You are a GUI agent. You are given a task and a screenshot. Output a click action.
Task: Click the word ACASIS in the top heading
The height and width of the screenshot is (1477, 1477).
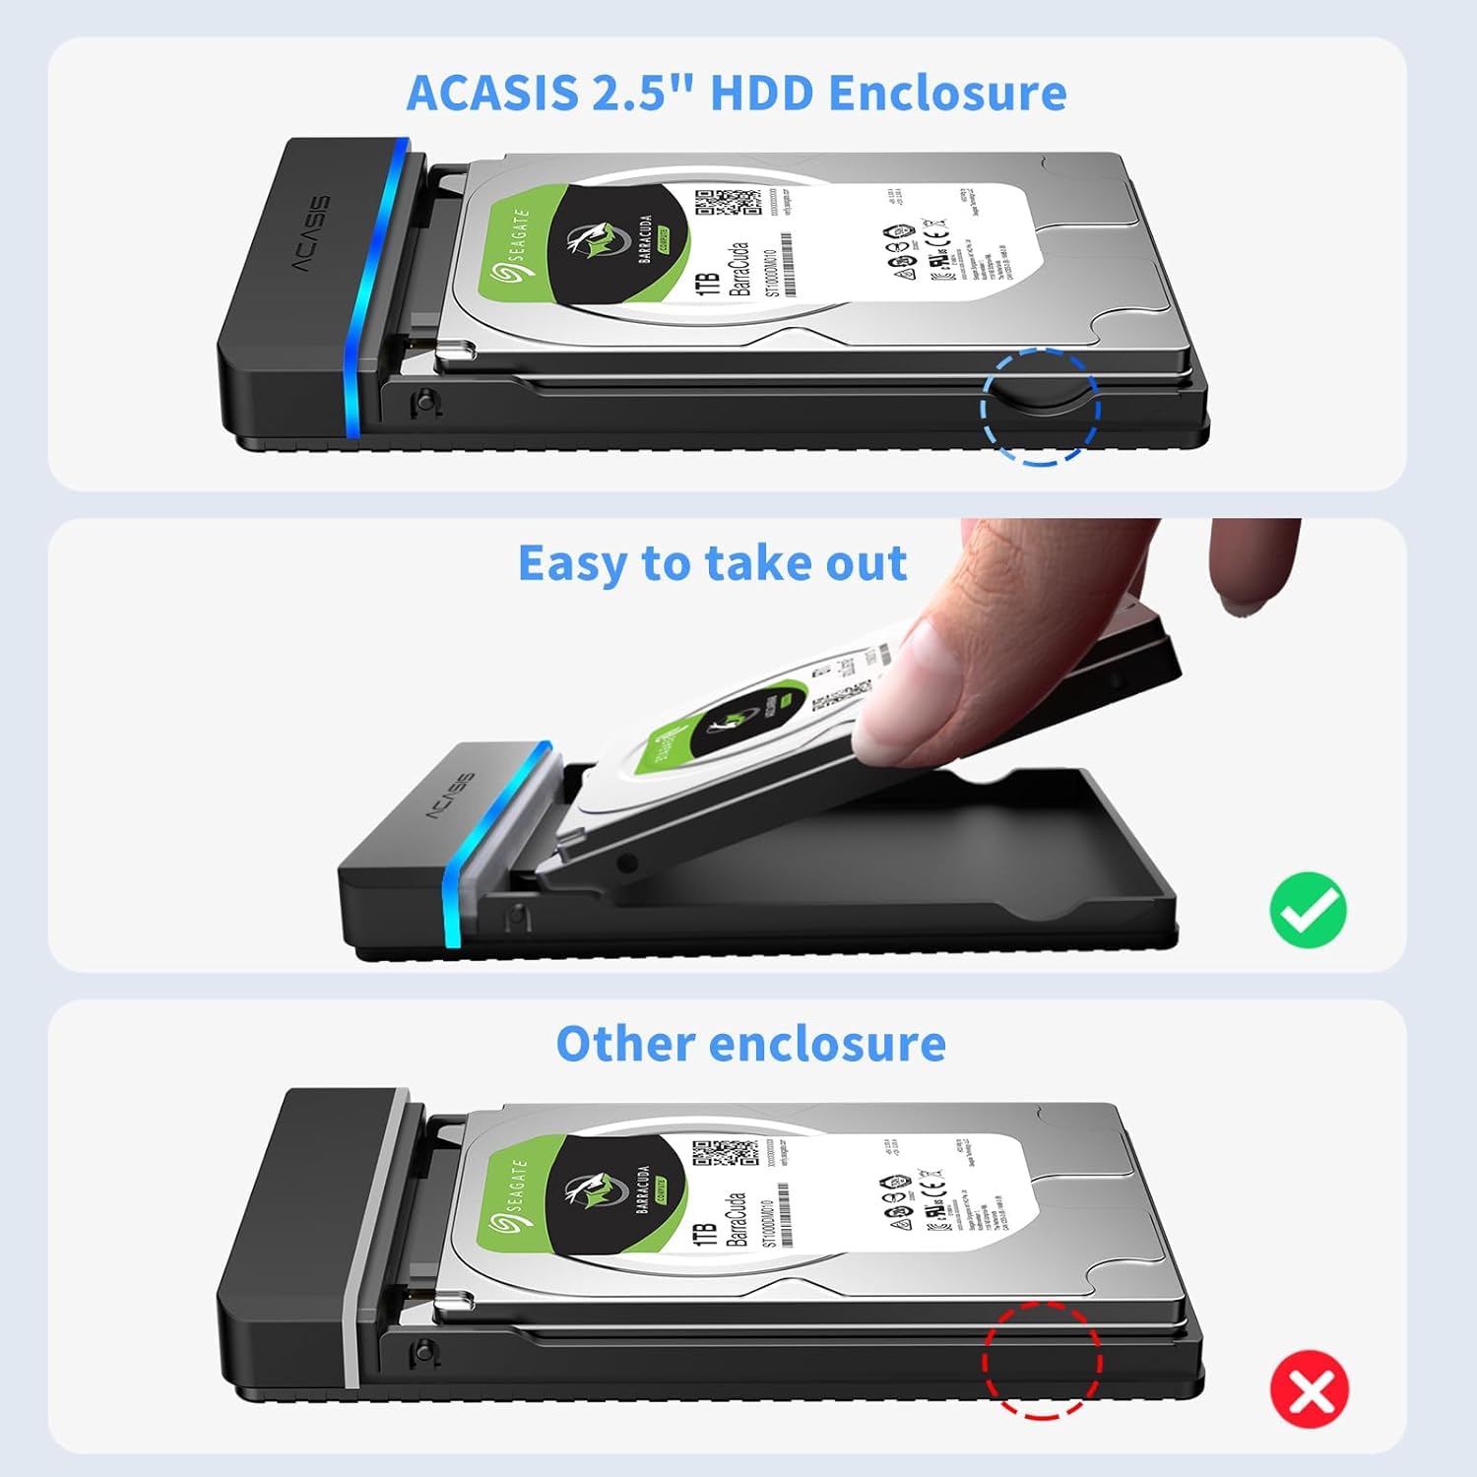click(491, 94)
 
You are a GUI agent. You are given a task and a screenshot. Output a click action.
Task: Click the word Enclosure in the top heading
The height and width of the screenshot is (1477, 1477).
click(947, 94)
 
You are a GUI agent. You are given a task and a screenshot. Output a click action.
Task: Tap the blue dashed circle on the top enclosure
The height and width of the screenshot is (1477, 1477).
click(1040, 406)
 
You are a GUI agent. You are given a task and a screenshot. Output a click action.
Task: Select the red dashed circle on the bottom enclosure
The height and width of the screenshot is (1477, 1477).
click(1042, 1360)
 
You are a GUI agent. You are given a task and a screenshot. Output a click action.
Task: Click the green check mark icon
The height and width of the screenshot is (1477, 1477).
click(1308, 910)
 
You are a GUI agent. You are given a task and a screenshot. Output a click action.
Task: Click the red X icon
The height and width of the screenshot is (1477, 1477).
click(1309, 1389)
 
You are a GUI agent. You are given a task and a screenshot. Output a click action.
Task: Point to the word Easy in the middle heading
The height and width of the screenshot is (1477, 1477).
click(572, 565)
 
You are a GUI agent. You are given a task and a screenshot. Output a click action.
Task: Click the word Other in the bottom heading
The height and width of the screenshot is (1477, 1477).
click(623, 1044)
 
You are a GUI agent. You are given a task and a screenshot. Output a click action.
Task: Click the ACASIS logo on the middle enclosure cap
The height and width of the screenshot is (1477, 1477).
click(449, 797)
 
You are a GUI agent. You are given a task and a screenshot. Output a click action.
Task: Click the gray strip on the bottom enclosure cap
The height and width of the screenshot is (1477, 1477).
click(376, 1241)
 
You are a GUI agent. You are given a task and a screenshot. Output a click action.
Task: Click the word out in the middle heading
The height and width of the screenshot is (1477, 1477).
click(866, 565)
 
